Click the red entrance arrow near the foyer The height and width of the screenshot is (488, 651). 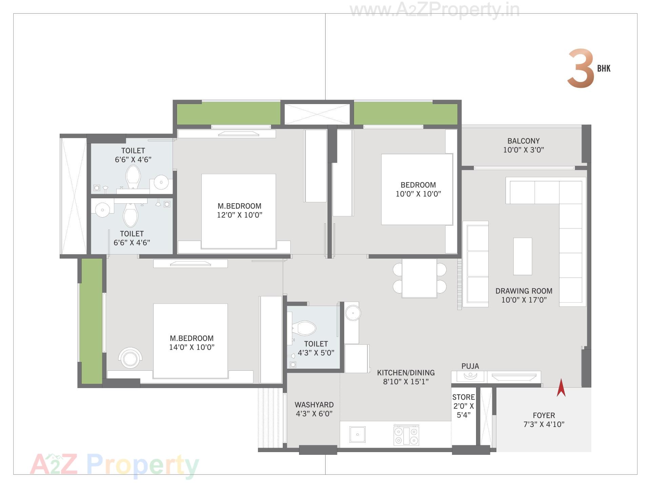click(561, 388)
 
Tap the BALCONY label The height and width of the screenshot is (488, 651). click(524, 141)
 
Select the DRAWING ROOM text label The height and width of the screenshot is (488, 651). click(524, 291)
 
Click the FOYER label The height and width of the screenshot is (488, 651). click(544, 415)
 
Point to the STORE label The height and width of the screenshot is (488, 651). click(463, 397)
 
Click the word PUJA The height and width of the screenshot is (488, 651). click(470, 366)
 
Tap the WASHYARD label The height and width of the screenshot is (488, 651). click(314, 405)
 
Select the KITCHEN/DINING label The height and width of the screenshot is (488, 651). click(406, 373)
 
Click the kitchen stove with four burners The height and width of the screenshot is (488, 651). click(406, 435)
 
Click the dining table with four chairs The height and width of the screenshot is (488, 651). click(419, 278)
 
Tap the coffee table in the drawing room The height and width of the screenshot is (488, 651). click(522, 256)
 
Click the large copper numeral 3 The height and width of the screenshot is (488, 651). click(580, 68)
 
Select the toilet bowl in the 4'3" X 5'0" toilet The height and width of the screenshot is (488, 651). click(304, 328)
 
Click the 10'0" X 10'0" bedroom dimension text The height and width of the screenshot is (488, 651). click(418, 194)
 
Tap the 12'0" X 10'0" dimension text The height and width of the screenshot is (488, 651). click(240, 215)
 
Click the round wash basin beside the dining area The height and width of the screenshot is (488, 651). click(353, 312)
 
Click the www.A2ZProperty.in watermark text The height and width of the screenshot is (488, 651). click(434, 10)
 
